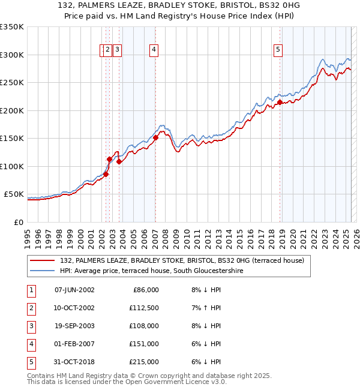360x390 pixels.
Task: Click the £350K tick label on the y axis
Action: [11, 27]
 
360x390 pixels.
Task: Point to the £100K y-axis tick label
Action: [11, 166]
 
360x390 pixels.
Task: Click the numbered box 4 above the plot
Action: [154, 50]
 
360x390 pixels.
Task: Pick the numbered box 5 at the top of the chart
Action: [278, 50]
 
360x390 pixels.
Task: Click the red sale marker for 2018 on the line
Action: [280, 103]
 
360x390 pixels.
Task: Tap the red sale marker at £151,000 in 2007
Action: [155, 138]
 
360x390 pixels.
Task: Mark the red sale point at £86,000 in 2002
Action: [106, 175]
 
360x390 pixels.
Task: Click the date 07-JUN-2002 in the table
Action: [74, 290]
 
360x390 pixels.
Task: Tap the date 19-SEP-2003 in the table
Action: [74, 326]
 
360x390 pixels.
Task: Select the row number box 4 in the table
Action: [31, 344]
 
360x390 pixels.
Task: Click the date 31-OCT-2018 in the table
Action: [74, 362]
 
